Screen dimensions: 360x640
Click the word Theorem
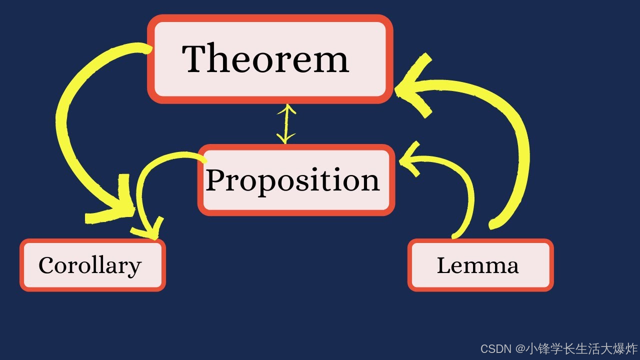(265, 58)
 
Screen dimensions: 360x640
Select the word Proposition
(292, 180)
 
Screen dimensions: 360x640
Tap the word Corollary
(90, 265)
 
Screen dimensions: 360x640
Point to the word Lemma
(477, 265)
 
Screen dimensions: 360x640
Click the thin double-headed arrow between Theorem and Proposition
(285, 123)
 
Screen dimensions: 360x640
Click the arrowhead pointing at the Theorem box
(415, 87)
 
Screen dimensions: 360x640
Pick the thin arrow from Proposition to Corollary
(142, 190)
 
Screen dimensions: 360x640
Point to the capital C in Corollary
(46, 265)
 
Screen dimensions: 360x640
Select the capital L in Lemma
(443, 265)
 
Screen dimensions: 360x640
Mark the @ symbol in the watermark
(520, 348)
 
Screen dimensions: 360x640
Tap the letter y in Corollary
(135, 268)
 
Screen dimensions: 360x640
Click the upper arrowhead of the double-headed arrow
(285, 108)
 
